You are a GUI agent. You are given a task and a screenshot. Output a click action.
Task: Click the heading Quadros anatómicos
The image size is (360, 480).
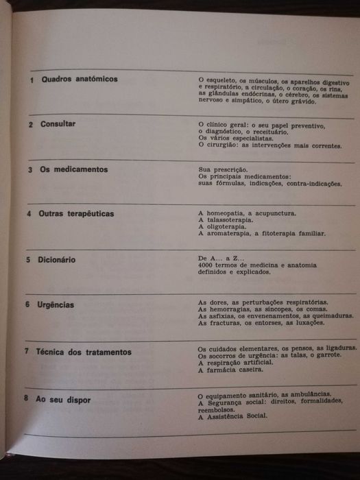[79, 80]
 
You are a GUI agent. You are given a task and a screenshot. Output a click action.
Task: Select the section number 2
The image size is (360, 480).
[31, 125]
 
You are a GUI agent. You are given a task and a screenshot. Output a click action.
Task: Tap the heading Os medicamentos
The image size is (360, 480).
[74, 169]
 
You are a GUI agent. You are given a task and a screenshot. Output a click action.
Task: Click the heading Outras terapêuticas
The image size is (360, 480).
[77, 214]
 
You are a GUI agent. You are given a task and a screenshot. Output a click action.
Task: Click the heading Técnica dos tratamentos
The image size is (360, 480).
[86, 352]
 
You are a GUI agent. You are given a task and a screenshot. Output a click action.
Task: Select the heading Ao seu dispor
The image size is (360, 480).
[66, 398]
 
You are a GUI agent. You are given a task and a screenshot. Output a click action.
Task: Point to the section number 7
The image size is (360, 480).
[25, 352]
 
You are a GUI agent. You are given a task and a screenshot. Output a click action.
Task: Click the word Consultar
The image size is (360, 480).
[58, 124]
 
